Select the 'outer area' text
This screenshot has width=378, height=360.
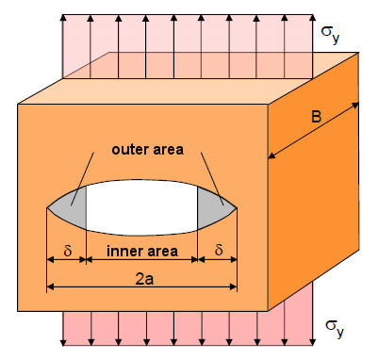(x=143, y=149)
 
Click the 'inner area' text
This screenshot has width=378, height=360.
(x=140, y=253)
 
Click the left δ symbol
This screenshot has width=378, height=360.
(x=66, y=252)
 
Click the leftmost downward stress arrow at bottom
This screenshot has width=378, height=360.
(x=63, y=330)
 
